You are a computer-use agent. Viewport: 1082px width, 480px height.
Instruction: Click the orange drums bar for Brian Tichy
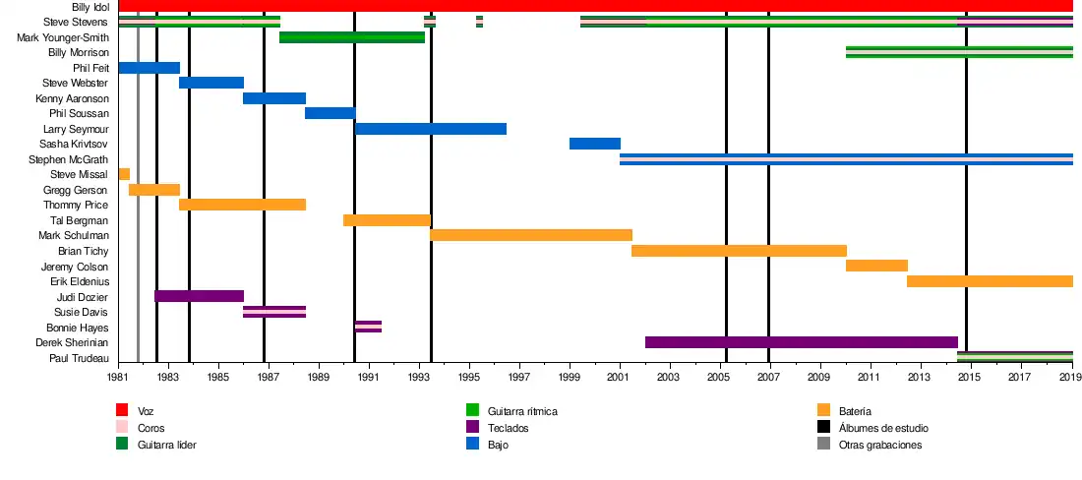coord(739,251)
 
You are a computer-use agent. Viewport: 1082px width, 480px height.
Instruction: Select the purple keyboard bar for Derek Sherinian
coord(801,342)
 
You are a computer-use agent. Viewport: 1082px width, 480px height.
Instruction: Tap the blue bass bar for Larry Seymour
coord(431,129)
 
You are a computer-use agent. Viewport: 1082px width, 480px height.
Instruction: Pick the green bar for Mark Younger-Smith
coord(352,37)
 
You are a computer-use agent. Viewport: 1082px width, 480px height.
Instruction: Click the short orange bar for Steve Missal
coord(124,174)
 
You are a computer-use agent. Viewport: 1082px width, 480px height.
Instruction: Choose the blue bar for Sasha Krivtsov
coord(594,144)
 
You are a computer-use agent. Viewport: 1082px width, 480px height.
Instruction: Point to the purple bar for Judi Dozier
coord(199,296)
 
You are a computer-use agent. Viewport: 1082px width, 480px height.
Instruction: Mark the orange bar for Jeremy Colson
coord(876,266)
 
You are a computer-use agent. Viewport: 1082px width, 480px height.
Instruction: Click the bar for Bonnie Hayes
coord(368,327)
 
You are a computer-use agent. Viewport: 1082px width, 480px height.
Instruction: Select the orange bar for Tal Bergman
coord(387,220)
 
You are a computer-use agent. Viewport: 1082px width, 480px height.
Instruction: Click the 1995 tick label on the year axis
coord(469,377)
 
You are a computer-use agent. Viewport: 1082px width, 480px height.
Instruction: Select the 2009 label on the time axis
coord(819,377)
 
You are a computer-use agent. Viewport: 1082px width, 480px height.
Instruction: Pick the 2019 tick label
coord(1069,377)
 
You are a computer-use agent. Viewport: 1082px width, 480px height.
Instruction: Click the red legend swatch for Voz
coord(122,410)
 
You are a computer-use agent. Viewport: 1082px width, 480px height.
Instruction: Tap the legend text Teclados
coord(508,427)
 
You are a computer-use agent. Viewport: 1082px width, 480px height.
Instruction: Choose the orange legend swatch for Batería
coord(823,410)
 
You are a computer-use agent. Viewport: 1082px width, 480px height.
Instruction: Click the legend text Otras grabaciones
coord(880,445)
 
